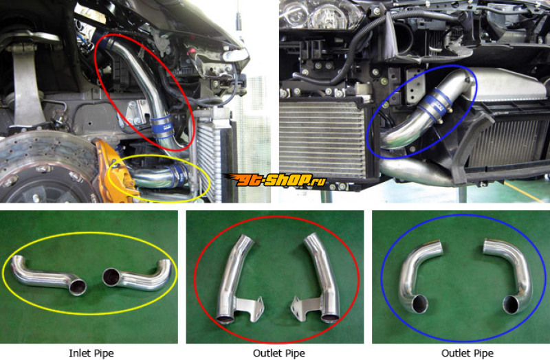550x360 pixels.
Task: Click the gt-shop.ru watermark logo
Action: point(274,180)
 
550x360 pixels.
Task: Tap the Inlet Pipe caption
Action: point(91,353)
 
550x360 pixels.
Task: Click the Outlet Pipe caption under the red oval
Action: point(279,353)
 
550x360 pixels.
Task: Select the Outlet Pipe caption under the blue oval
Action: point(467,353)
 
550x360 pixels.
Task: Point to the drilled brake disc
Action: point(45,168)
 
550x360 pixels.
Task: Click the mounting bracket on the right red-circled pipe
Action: point(305,307)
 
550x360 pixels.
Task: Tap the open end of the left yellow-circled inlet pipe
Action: point(78,287)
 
